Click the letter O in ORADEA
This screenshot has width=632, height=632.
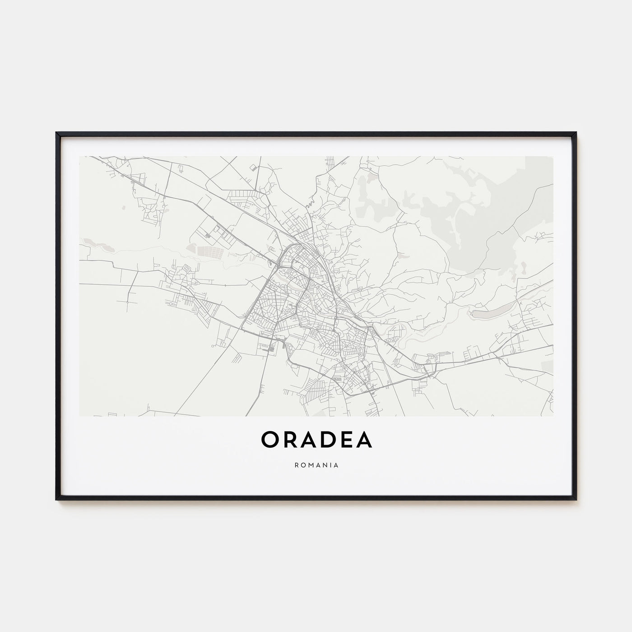click(270, 440)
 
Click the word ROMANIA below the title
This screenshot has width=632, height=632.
click(316, 465)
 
